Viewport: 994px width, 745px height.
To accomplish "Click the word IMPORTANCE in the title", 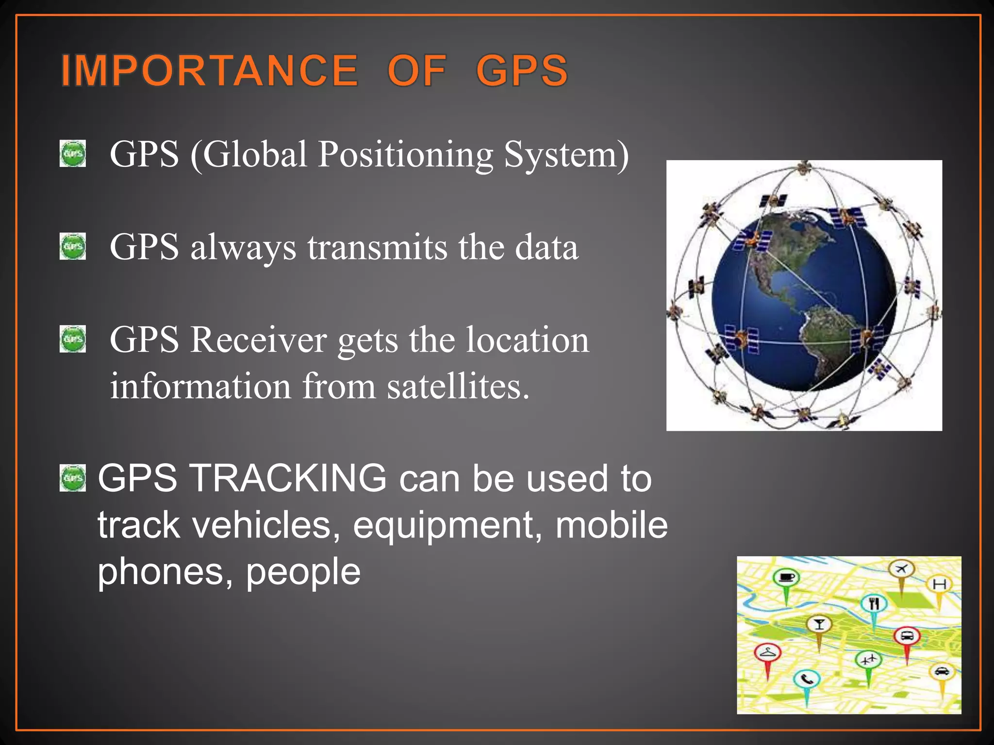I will (x=210, y=71).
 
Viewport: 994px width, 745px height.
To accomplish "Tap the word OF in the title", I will (x=417, y=71).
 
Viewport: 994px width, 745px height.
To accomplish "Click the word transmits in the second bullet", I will (x=377, y=247).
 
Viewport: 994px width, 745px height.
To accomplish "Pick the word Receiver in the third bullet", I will (x=258, y=340).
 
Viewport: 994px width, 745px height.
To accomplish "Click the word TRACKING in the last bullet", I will (x=290, y=478).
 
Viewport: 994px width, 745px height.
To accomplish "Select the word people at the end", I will (x=303, y=572).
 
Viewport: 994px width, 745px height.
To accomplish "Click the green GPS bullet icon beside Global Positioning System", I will (x=73, y=154).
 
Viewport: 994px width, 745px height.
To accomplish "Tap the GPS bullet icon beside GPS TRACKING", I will (x=73, y=478).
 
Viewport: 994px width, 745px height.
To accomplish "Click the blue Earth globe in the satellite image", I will (x=803, y=301).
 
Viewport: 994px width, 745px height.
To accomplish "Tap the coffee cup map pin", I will (x=786, y=578).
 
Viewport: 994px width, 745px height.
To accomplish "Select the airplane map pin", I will (x=901, y=568).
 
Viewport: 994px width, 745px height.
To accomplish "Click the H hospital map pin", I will (x=940, y=584).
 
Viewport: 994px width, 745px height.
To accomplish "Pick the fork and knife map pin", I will (x=874, y=604).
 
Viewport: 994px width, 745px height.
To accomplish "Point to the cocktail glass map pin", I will (x=819, y=624).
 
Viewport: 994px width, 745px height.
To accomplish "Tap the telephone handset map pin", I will (x=807, y=680).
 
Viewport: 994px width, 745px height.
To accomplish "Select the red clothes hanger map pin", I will (x=767, y=652).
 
